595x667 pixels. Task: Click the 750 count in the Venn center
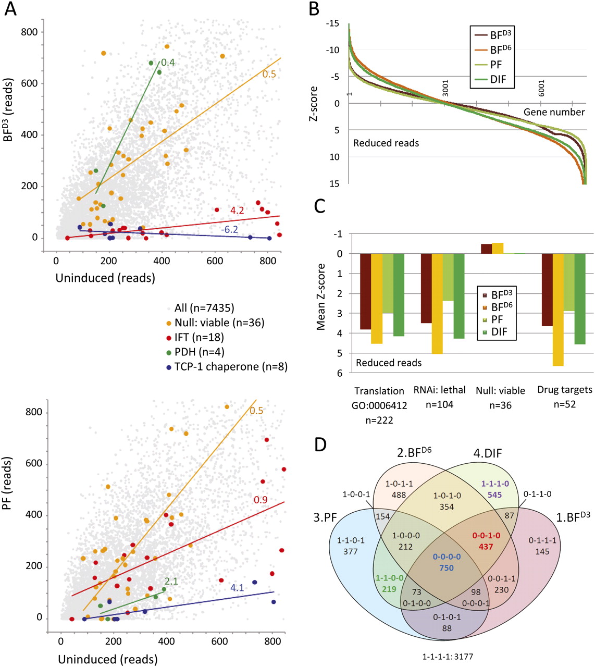point(446,568)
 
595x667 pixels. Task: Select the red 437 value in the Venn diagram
point(486,547)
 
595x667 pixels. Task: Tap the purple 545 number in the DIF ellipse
point(494,495)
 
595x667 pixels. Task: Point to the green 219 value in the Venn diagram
point(389,589)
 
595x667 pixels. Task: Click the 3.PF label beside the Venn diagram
point(325,518)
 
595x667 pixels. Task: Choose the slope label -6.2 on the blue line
point(229,229)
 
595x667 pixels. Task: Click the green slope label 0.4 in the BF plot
point(168,62)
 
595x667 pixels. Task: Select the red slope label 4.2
point(237,210)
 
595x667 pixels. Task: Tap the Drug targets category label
point(565,390)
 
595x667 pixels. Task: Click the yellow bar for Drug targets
point(558,310)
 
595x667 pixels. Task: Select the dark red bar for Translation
point(366,291)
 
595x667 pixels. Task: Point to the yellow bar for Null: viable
point(498,248)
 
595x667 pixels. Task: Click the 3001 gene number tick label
point(445,88)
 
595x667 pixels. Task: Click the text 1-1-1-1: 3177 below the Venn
point(448,657)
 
